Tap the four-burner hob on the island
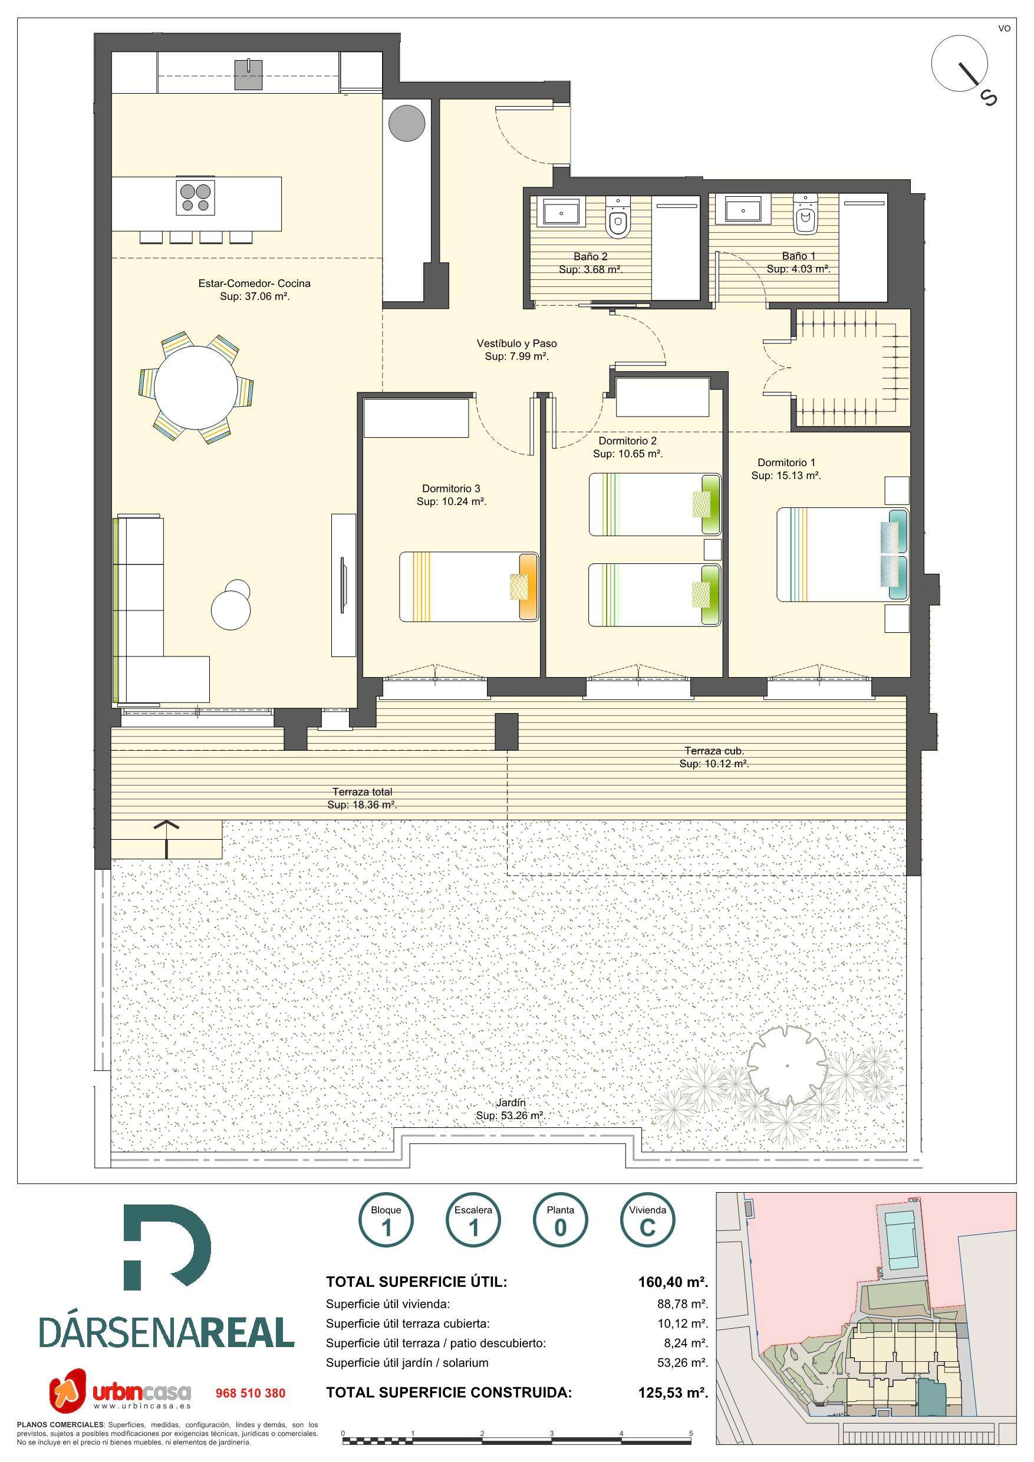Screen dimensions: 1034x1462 [x=196, y=196]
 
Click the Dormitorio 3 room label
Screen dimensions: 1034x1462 [x=451, y=489]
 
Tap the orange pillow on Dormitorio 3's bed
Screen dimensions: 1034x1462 [x=528, y=587]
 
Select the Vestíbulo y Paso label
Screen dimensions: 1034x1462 [x=516, y=343]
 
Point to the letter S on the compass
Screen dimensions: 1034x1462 [x=988, y=97]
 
